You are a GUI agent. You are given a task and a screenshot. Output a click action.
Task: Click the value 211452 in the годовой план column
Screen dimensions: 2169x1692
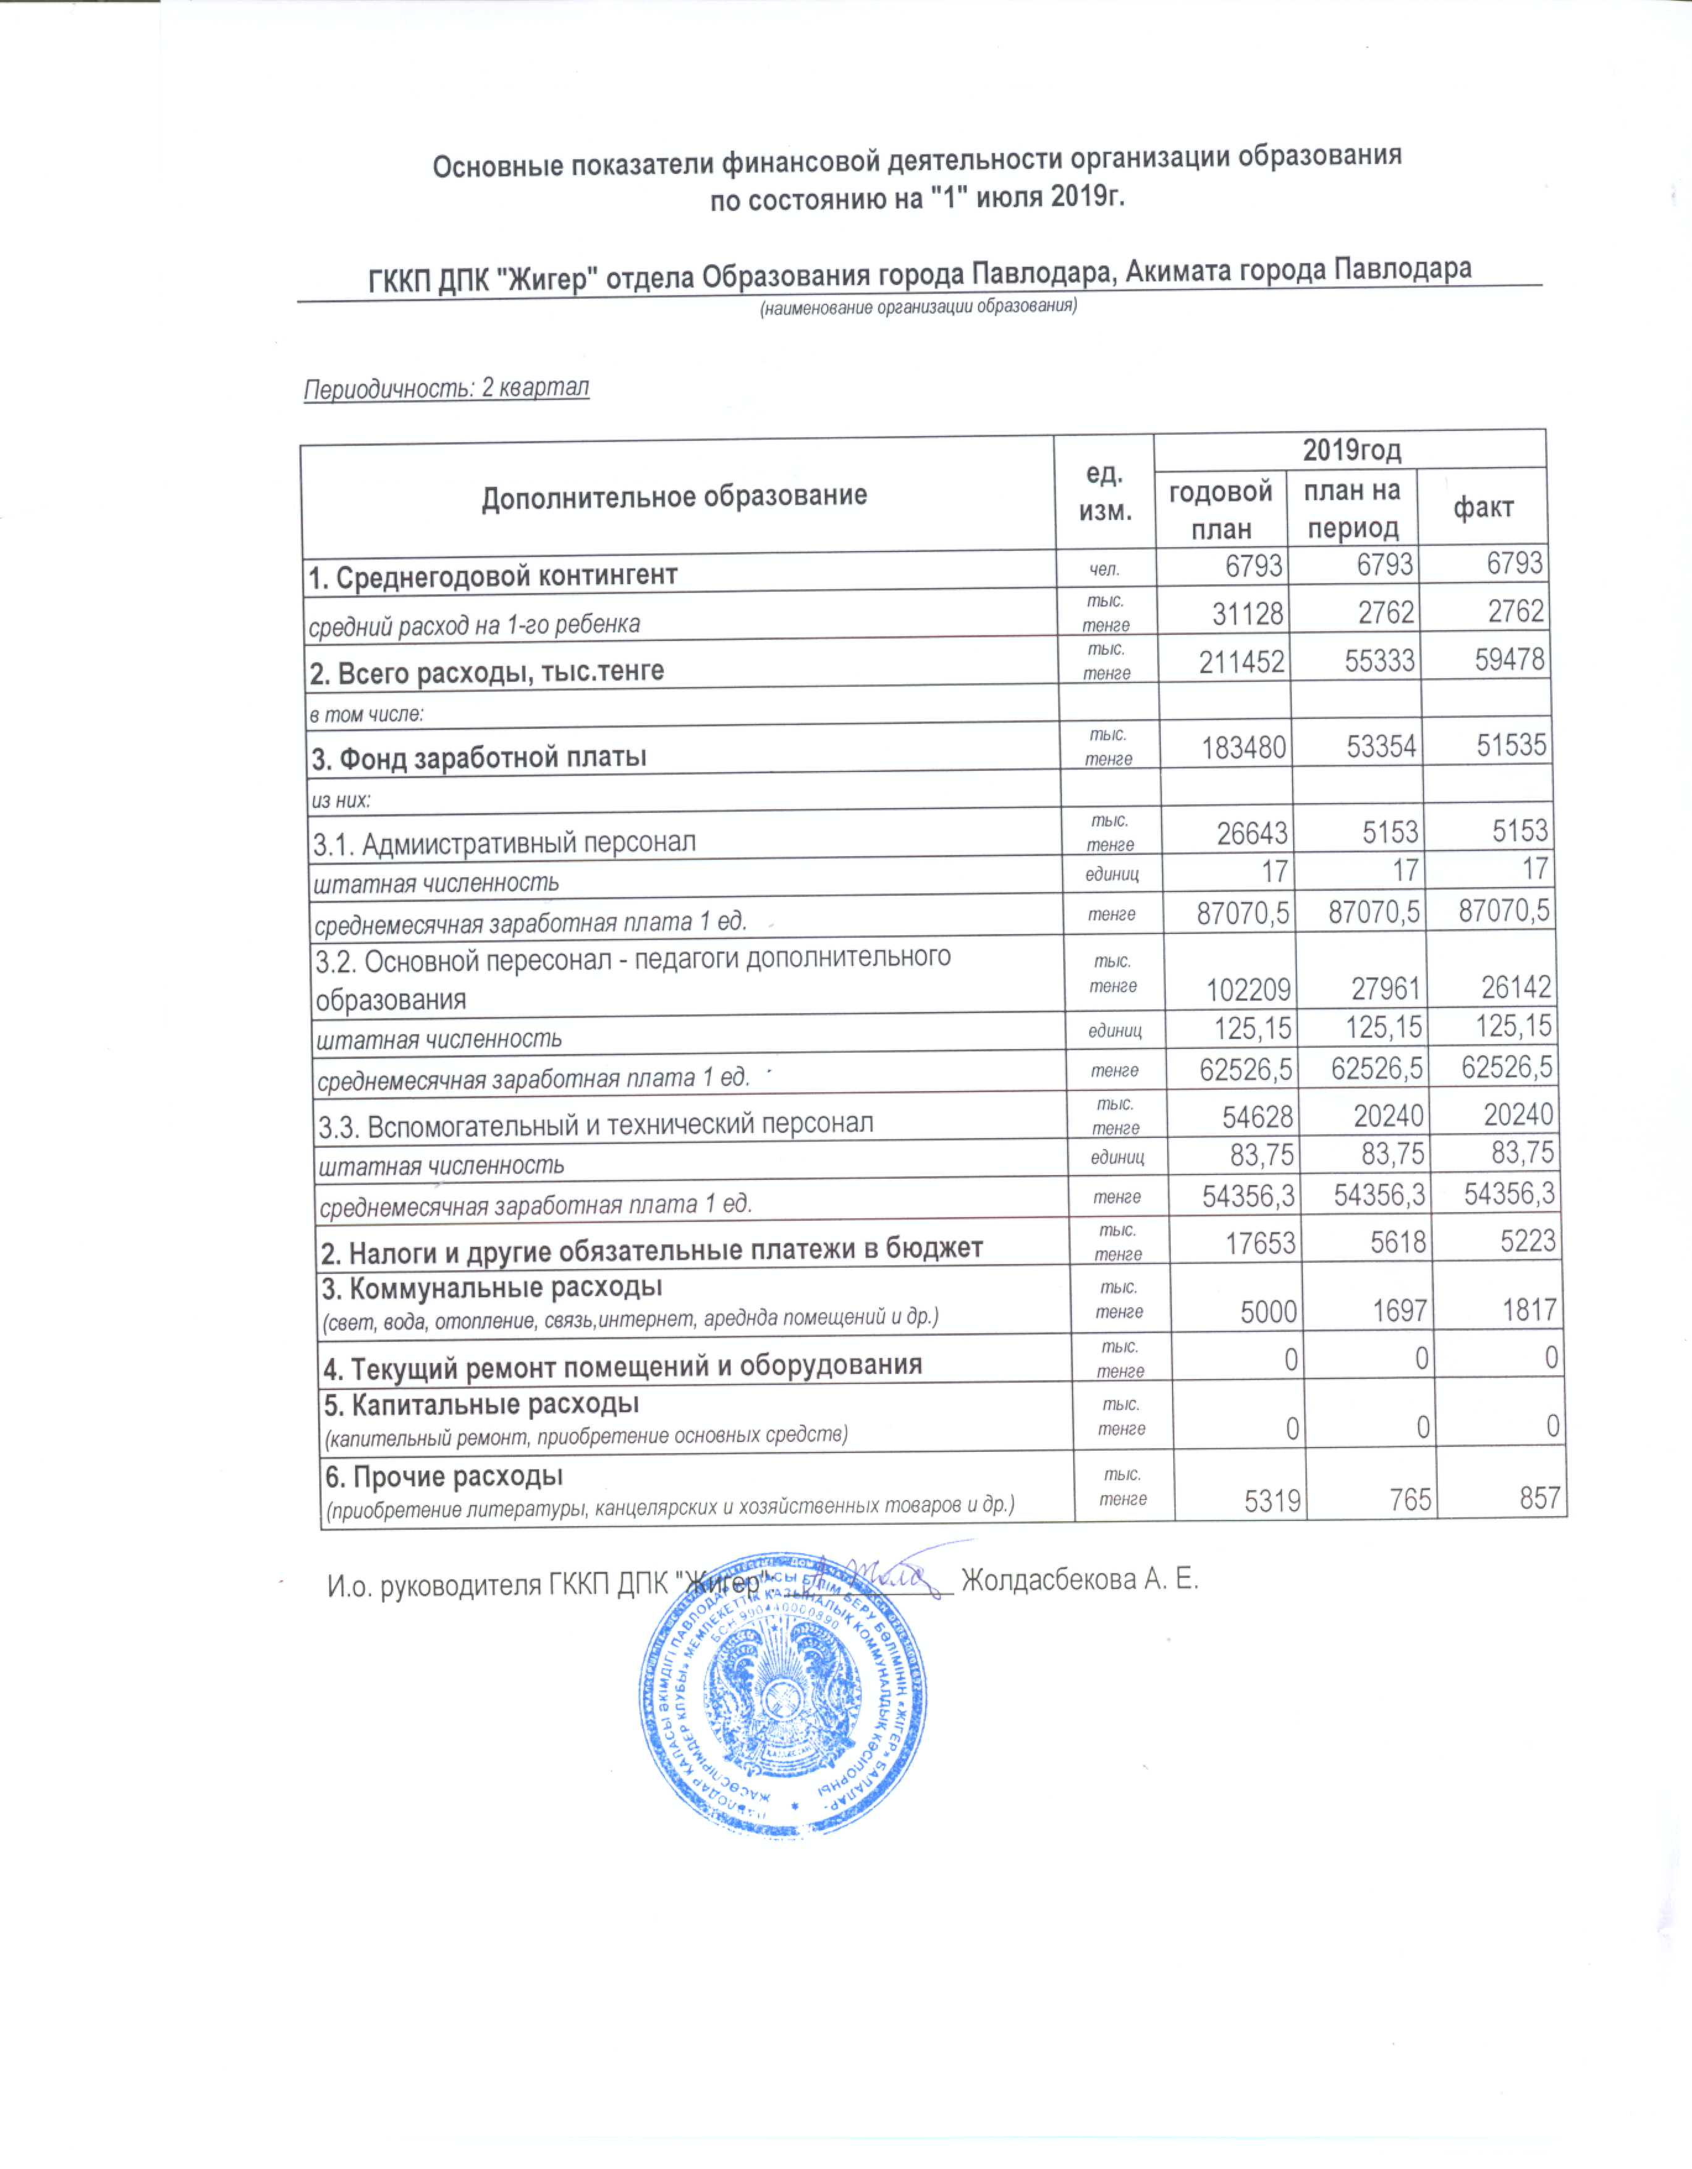point(1242,661)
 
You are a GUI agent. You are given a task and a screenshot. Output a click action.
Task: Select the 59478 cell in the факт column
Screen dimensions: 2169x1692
point(1509,659)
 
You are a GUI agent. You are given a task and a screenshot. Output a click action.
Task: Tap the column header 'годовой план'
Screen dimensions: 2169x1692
point(1220,509)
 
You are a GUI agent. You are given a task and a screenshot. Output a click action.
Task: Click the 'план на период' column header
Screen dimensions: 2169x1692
point(1351,509)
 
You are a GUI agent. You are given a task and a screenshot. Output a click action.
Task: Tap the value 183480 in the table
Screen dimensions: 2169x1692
point(1244,747)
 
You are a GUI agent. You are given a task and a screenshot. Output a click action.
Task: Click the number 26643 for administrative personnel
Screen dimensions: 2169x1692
point(1252,832)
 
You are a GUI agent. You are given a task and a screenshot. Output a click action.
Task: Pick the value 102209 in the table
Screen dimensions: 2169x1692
point(1248,989)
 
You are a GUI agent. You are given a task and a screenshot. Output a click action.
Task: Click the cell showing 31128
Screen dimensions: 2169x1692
point(1247,614)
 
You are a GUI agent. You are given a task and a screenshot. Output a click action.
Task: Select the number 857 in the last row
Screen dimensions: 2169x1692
point(1539,1498)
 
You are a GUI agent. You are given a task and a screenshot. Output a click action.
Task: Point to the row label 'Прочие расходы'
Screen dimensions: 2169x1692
point(444,1477)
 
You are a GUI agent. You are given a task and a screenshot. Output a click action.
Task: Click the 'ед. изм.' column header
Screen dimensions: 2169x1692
point(1104,493)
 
